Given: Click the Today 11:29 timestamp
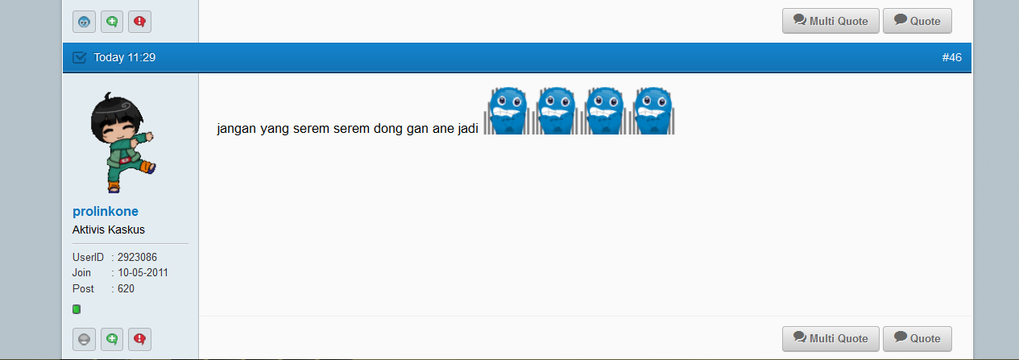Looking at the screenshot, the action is point(124,57).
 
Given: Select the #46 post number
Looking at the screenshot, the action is point(951,57).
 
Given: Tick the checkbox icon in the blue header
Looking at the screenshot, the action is point(79,57).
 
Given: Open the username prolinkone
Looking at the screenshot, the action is point(105,211).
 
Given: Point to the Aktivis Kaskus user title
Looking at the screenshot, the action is point(108,230).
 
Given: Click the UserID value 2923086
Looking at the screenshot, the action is point(137,257).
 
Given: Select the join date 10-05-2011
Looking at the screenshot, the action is point(143,273).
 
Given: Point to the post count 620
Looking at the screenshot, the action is point(126,288).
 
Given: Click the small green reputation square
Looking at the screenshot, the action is point(77,309).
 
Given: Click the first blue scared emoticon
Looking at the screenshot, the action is point(507,111).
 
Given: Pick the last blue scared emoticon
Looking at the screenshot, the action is point(652,111).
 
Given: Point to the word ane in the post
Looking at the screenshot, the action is point(443,129).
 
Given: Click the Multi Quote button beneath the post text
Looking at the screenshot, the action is point(831,338).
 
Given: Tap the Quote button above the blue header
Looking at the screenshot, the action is point(917,21).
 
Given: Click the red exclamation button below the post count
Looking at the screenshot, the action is point(139,339).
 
